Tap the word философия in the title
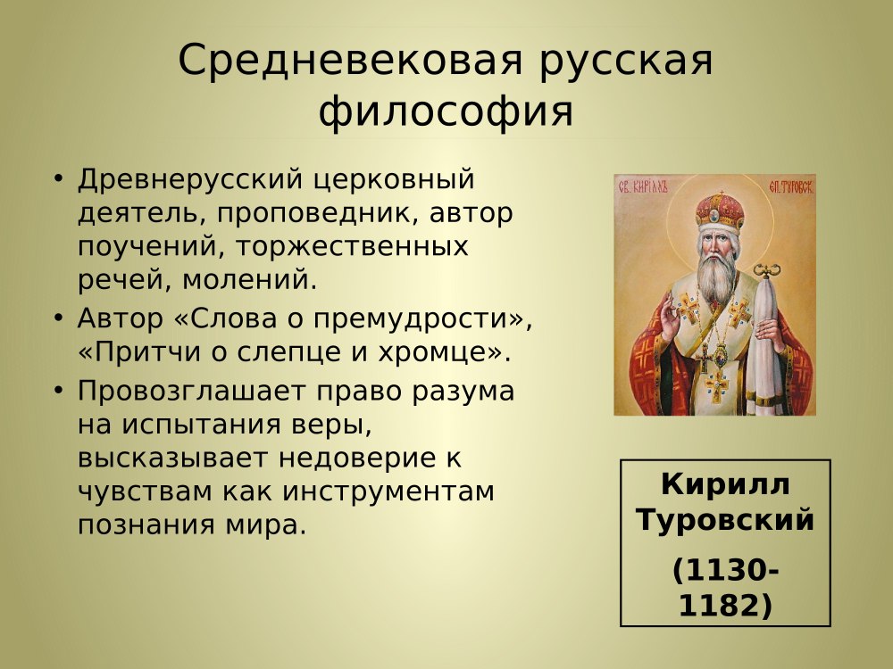[446, 111]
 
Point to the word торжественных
[351, 247]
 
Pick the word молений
[249, 280]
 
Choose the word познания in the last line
[147, 525]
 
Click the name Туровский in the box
[725, 519]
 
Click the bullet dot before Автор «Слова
[58, 317]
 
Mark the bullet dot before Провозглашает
[58, 390]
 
